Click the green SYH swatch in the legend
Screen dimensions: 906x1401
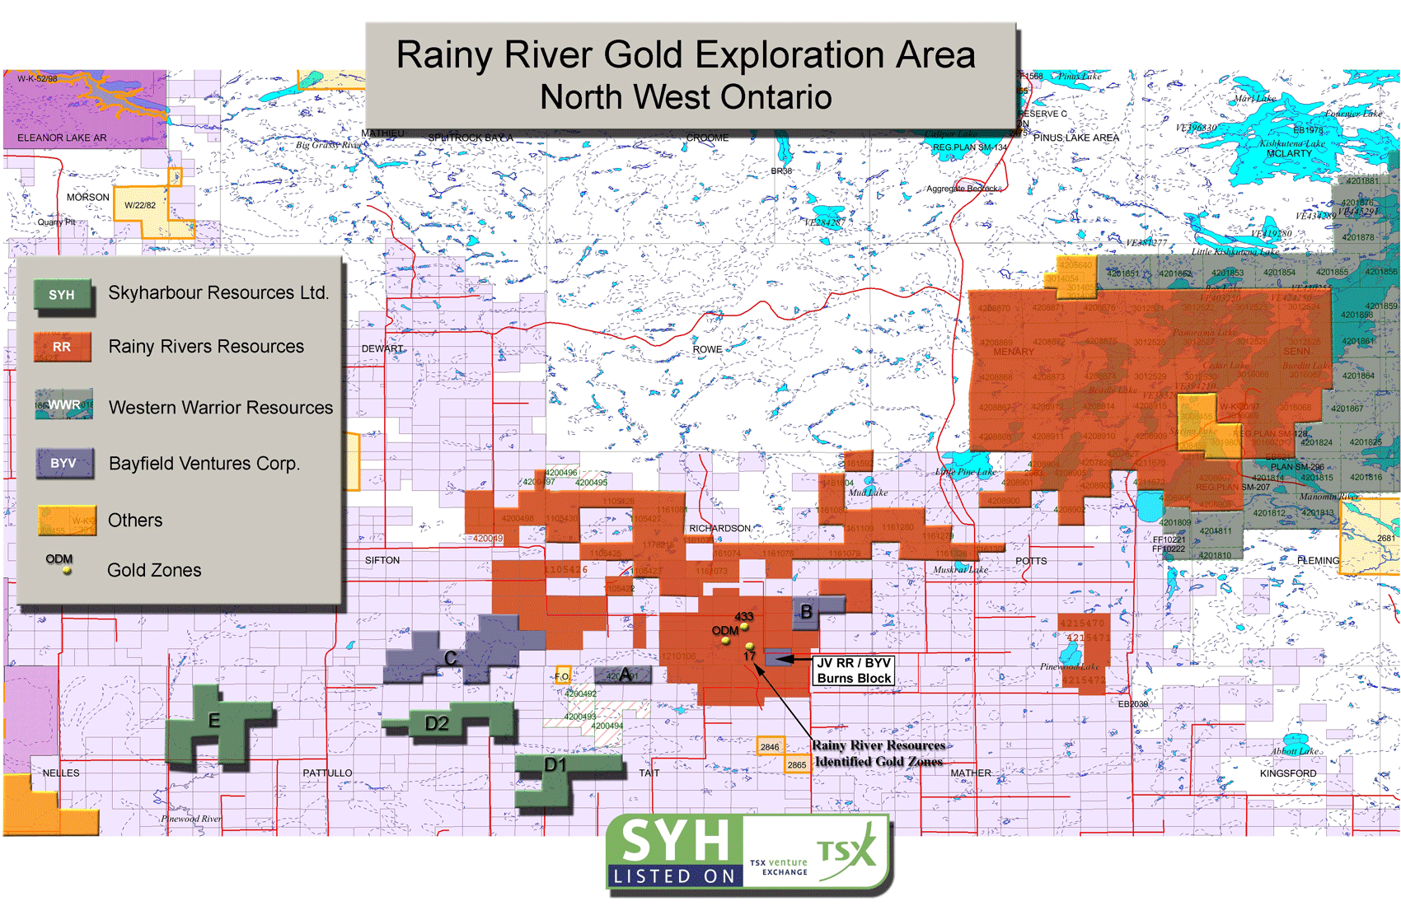pyautogui.click(x=63, y=296)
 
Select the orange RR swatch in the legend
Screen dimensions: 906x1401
pyautogui.click(x=62, y=347)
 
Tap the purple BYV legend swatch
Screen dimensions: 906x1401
pyautogui.click(x=63, y=463)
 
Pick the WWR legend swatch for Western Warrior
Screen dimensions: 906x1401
pyautogui.click(x=63, y=405)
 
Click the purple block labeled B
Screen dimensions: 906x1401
pyautogui.click(x=808, y=612)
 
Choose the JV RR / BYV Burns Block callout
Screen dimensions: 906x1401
pyautogui.click(x=854, y=670)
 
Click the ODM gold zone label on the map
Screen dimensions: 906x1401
pyautogui.click(x=724, y=631)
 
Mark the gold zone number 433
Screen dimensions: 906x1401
pyautogui.click(x=743, y=616)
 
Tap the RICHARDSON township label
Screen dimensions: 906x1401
pyautogui.click(x=719, y=528)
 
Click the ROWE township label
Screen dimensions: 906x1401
pyautogui.click(x=707, y=349)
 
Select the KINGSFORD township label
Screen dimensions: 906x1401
pyautogui.click(x=1287, y=773)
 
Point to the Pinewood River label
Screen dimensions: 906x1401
pyautogui.click(x=191, y=819)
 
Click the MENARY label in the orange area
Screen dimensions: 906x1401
pyautogui.click(x=1013, y=352)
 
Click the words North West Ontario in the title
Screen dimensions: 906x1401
pyautogui.click(x=686, y=97)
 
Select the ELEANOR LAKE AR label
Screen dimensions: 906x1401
pyautogui.click(x=62, y=138)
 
